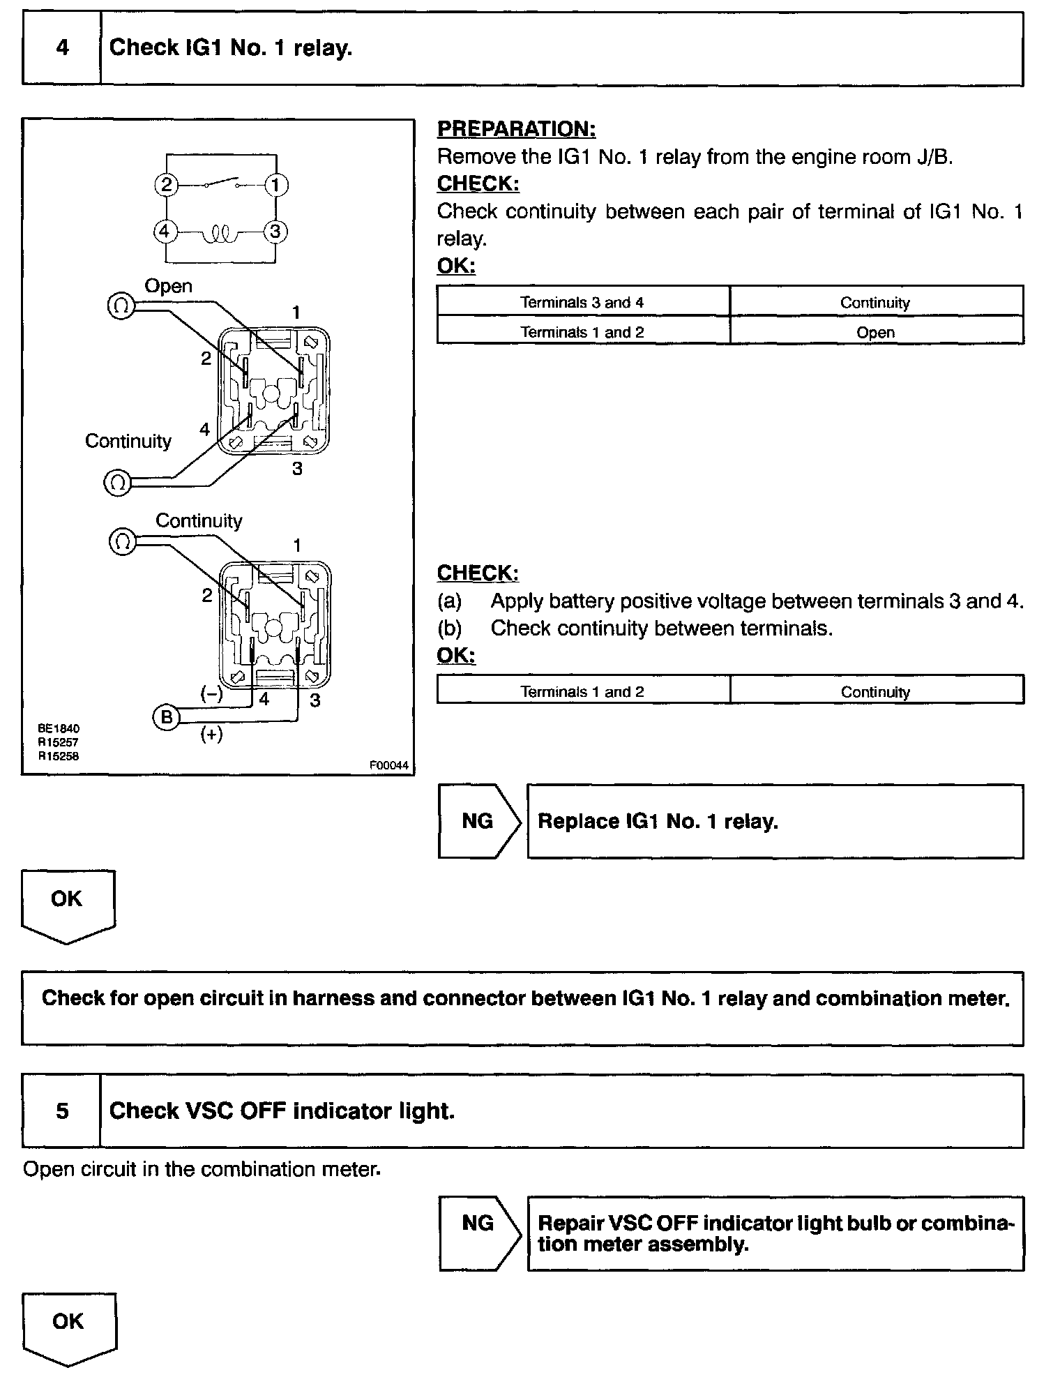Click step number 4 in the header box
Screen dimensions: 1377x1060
(x=62, y=48)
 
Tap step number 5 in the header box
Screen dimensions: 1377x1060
(x=62, y=1111)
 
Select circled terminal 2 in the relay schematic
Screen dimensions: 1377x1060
(x=166, y=185)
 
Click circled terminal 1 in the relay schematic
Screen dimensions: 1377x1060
(x=276, y=185)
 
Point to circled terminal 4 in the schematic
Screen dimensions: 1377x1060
(x=165, y=231)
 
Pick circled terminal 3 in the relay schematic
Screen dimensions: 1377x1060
(x=275, y=231)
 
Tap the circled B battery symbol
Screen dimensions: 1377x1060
(x=166, y=716)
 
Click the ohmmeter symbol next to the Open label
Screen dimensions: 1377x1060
(x=120, y=306)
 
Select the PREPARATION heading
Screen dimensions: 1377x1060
(x=516, y=129)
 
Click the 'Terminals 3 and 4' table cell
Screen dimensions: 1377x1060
(x=582, y=302)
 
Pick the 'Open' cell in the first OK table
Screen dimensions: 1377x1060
(x=875, y=332)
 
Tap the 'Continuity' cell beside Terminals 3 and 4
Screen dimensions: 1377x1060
(x=875, y=302)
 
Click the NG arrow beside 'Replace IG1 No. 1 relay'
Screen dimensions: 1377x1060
(x=479, y=821)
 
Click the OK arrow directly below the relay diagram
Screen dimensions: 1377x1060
(x=67, y=903)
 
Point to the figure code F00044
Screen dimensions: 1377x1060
(x=389, y=765)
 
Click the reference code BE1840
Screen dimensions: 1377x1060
(x=59, y=728)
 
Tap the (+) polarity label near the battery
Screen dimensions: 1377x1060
(x=211, y=734)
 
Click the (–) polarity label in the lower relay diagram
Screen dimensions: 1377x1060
(x=211, y=693)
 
